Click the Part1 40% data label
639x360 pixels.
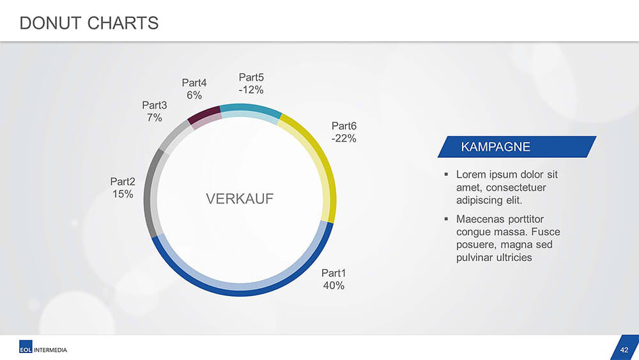pos(334,279)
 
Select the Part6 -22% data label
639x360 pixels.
pos(344,132)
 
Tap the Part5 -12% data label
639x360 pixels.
pos(251,84)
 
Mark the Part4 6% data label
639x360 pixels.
pos(194,89)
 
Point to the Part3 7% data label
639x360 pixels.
pos(155,111)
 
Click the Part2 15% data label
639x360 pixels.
pos(123,187)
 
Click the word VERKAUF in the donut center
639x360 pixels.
pos(240,199)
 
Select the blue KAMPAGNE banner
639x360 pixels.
pos(517,147)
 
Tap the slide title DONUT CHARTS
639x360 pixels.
pos(89,23)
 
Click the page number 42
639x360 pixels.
pos(624,350)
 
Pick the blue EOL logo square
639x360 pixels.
pos(26,347)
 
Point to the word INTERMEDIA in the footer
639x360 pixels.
pos(50,350)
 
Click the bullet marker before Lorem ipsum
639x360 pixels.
pos(446,175)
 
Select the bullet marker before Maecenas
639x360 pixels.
pos(446,219)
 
